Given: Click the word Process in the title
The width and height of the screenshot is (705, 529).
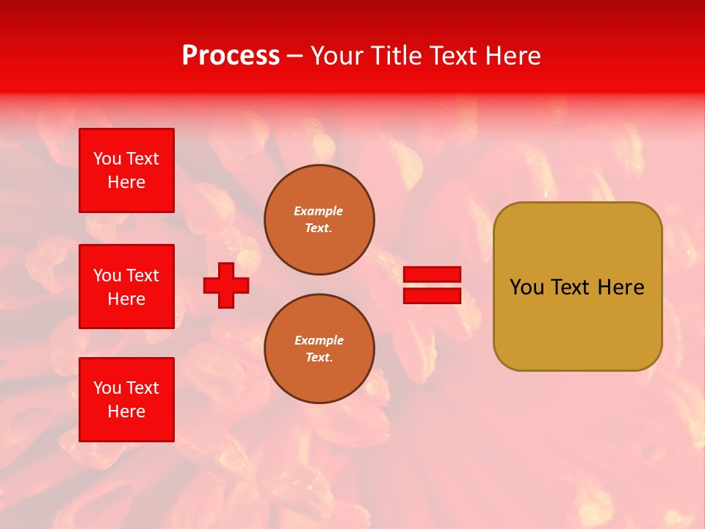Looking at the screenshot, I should tap(231, 56).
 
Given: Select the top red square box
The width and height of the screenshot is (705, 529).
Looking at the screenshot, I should tap(126, 170).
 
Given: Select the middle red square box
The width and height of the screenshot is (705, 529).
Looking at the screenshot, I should tap(126, 287).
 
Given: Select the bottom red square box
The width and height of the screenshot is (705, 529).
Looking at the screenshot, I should tap(126, 400).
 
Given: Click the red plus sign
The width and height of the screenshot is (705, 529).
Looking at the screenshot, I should tap(226, 285).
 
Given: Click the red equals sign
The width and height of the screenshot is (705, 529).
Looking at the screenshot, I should tap(432, 285).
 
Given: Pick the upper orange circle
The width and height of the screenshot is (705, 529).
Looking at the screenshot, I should tap(319, 220).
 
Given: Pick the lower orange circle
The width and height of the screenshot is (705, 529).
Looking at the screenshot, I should tap(319, 349).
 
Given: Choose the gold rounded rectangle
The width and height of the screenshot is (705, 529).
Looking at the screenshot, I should tap(577, 287).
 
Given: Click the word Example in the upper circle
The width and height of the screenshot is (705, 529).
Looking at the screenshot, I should tap(318, 211).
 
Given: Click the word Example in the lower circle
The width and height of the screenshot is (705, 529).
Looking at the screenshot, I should tap(319, 340).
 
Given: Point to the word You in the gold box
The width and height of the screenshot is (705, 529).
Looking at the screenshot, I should tap(527, 287).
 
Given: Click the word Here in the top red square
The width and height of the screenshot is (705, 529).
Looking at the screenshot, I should tap(126, 182).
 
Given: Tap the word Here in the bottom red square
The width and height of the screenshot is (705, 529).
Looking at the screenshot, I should tap(126, 411).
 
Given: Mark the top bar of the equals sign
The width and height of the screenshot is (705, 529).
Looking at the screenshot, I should tap(432, 274).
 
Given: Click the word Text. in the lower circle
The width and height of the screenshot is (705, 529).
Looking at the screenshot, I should tap(319, 358).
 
